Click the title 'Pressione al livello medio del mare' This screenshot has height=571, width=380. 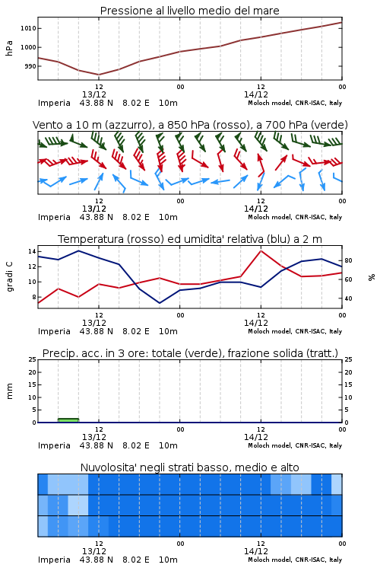pos(189,11)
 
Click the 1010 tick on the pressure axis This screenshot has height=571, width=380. pos(27,28)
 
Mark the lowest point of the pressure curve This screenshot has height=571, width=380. pos(99,75)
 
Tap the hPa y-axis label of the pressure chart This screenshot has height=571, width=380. pos(9,48)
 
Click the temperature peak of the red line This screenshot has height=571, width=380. pos(261,251)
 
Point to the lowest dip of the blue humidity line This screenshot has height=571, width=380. pos(160,303)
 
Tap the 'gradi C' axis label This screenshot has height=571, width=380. pos(9,277)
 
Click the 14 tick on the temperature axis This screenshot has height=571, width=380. pos(32,252)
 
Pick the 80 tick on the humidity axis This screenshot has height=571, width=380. pos(348,260)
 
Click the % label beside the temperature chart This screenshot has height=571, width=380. pos(372,277)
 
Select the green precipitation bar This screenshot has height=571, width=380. pos(68,420)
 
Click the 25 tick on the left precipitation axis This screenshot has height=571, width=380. pos(32,359)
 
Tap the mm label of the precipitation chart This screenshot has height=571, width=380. pos(9,391)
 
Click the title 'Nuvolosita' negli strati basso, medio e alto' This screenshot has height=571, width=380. pos(189,467)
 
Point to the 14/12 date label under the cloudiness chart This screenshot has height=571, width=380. pos(256,551)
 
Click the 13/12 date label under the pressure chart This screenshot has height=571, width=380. pos(94,94)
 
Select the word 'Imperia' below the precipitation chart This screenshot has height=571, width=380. pos(54,445)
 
